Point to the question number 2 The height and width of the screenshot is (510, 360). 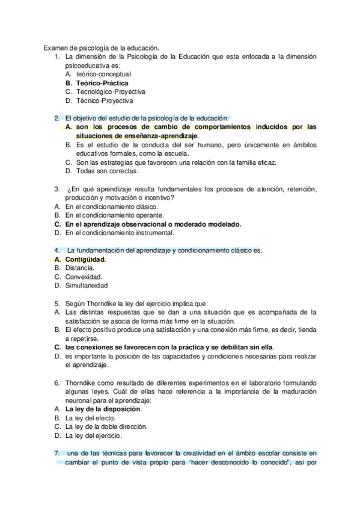click(56, 118)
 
